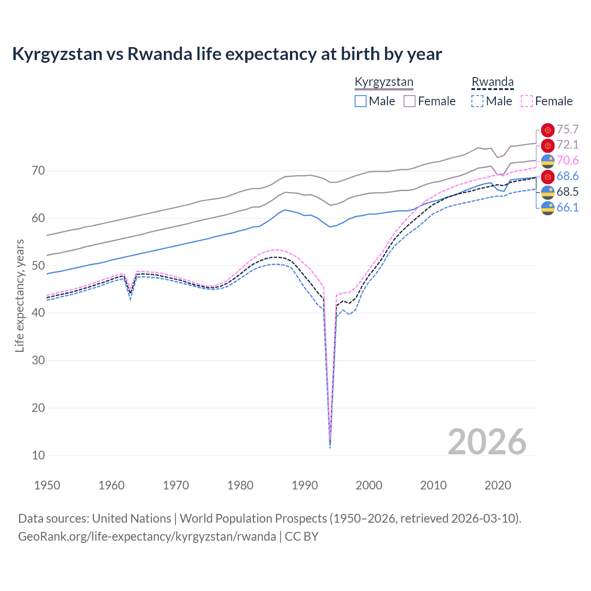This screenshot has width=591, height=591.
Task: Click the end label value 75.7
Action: click(x=567, y=130)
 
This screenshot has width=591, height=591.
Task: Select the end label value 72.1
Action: click(x=567, y=145)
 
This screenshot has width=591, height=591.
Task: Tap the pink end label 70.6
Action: click(x=567, y=160)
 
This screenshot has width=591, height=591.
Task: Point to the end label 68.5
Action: click(x=567, y=192)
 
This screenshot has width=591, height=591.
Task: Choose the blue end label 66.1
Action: click(x=567, y=207)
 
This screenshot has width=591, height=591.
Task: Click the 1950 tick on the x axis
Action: click(x=47, y=485)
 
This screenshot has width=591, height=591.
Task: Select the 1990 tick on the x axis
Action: click(x=305, y=485)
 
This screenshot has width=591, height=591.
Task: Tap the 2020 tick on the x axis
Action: click(x=498, y=485)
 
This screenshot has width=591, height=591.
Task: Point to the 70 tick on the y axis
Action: click(x=38, y=171)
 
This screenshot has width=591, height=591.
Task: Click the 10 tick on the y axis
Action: click(x=38, y=455)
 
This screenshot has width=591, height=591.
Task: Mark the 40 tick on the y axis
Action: click(x=38, y=313)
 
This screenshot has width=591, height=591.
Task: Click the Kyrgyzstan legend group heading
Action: click(x=384, y=82)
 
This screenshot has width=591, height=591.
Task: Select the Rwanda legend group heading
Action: click(x=492, y=82)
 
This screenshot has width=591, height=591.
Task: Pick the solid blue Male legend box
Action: click(x=361, y=101)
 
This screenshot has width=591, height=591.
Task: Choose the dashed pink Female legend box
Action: click(x=527, y=101)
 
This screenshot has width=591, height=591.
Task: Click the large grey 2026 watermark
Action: click(x=487, y=442)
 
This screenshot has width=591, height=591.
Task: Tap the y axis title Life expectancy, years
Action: click(x=19, y=295)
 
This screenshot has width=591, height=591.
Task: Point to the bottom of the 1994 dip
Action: click(x=330, y=446)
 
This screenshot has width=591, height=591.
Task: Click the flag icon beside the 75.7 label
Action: click(x=548, y=130)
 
